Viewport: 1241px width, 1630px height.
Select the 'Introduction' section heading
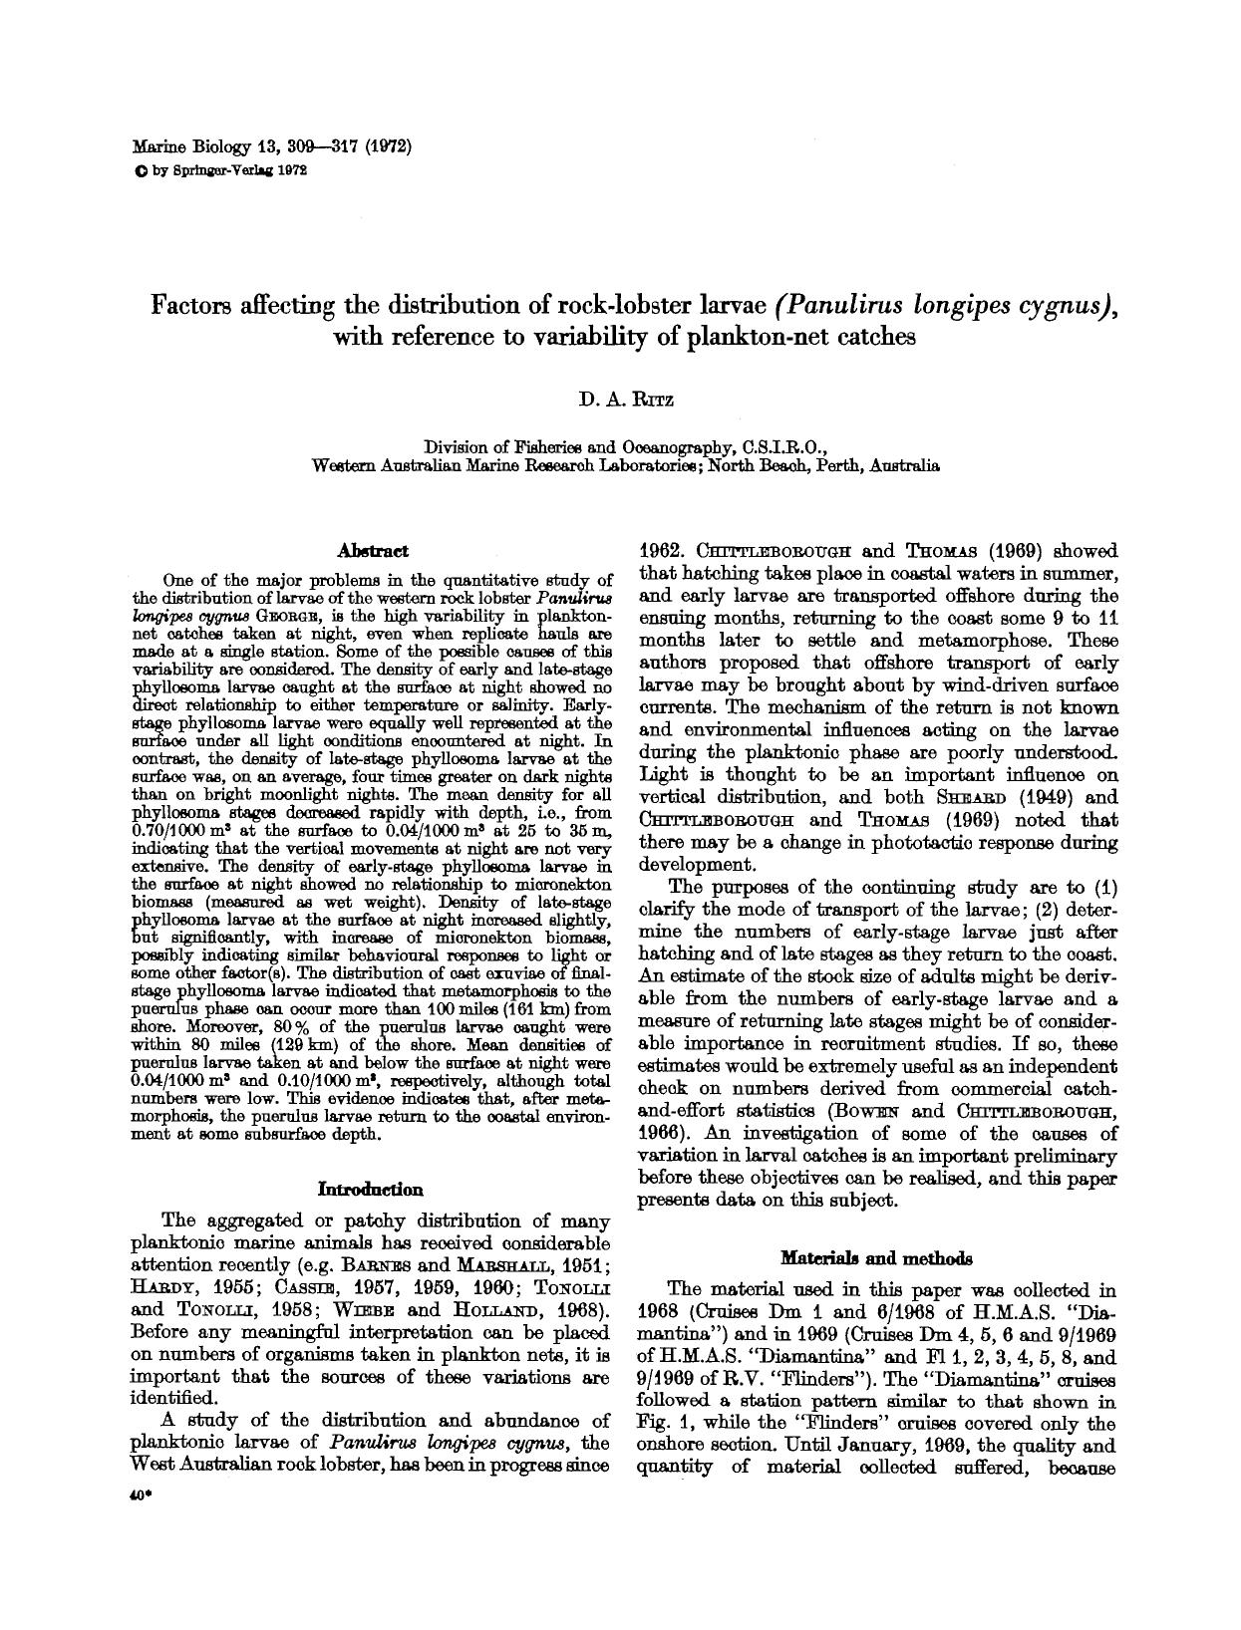(x=370, y=1189)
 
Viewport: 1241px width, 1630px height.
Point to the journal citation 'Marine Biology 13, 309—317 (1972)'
(x=272, y=145)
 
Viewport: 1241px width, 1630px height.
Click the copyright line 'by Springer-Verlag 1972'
(x=227, y=169)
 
